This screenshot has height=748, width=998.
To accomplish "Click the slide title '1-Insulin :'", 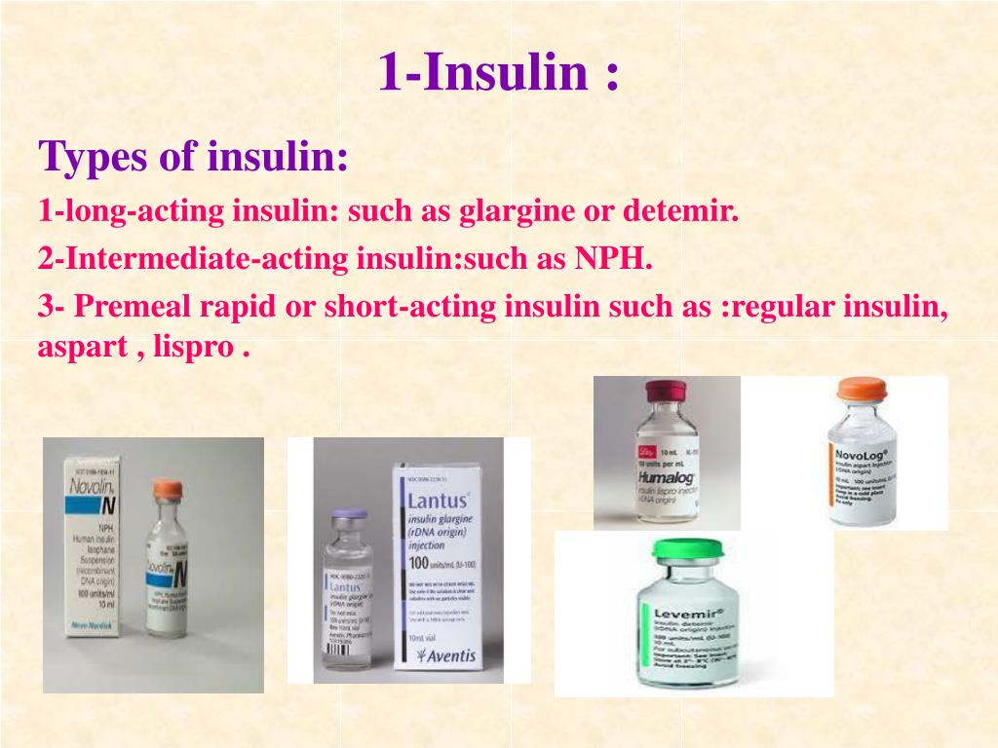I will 498,73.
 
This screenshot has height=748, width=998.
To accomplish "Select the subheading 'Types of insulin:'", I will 193,156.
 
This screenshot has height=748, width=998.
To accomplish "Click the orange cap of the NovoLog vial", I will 862,392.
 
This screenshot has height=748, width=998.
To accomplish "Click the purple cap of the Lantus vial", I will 348,517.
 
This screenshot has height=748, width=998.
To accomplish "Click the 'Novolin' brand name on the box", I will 94,484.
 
